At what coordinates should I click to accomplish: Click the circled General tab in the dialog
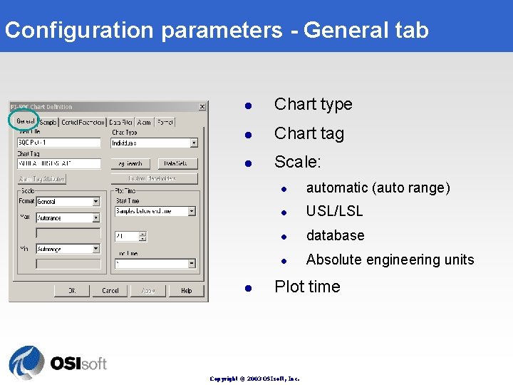click(x=26, y=122)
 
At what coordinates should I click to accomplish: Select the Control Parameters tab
click(x=82, y=123)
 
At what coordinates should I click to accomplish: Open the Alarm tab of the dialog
click(x=144, y=123)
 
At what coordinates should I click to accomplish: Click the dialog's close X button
click(x=202, y=107)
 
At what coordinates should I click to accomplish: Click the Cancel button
click(x=110, y=290)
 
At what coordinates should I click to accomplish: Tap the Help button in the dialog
click(x=187, y=290)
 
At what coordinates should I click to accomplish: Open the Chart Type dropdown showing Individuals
click(x=154, y=143)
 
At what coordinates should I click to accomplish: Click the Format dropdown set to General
click(x=68, y=202)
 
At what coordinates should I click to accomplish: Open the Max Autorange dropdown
click(x=68, y=218)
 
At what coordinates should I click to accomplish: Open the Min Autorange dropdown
click(x=68, y=249)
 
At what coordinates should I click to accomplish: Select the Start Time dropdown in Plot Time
click(x=154, y=211)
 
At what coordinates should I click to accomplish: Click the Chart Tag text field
click(x=59, y=163)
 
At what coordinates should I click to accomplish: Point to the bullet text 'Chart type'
click(x=313, y=104)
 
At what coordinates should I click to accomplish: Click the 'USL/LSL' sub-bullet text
click(x=334, y=211)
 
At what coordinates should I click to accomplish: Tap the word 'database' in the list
click(x=335, y=235)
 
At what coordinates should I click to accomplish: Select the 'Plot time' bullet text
click(x=307, y=287)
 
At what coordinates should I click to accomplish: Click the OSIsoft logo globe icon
click(x=26, y=362)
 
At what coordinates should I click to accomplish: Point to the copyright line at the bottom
click(x=255, y=379)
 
